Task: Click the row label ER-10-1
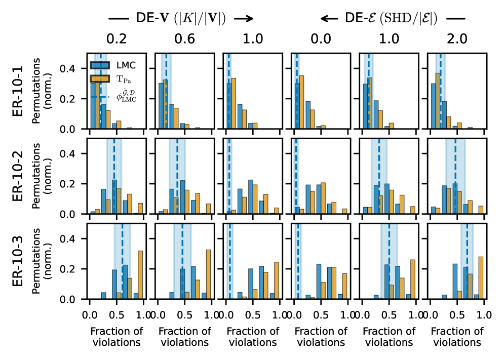click(18, 91)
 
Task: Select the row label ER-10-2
click(18, 176)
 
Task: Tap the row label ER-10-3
click(18, 261)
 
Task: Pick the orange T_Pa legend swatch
click(98, 78)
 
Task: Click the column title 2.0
click(456, 39)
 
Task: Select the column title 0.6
click(184, 39)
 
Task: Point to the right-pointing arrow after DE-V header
click(243, 19)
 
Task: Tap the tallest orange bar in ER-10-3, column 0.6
click(208, 274)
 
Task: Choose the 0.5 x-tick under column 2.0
click(457, 314)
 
